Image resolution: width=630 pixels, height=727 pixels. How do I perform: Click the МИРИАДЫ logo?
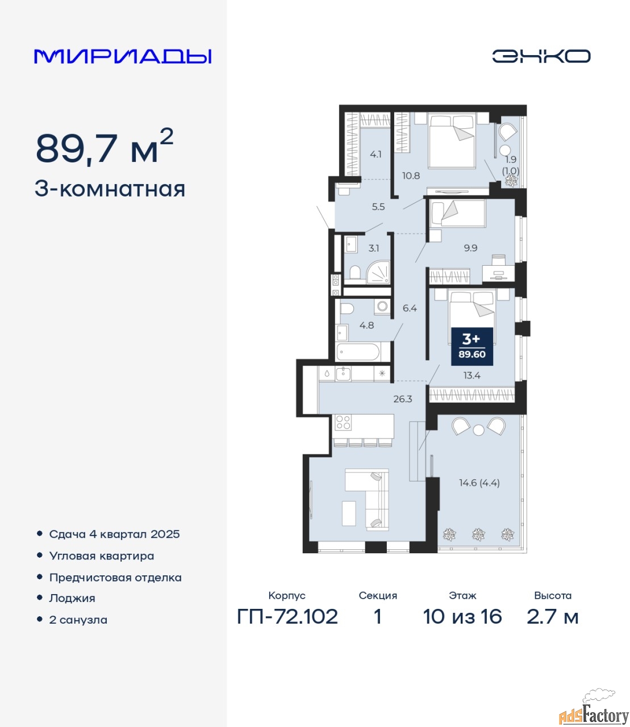[x=122, y=56]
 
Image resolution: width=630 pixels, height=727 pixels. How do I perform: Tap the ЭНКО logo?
[x=541, y=56]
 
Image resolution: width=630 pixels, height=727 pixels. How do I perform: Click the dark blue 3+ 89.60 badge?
[x=472, y=346]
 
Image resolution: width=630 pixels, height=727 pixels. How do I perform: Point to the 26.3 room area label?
[x=403, y=399]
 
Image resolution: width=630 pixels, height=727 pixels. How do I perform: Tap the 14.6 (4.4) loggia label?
[x=479, y=483]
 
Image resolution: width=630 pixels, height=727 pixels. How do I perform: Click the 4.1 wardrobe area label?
[x=376, y=154]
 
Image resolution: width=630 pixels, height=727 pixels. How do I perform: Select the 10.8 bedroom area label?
[x=411, y=175]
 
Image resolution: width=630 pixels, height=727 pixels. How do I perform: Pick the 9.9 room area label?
[x=470, y=248]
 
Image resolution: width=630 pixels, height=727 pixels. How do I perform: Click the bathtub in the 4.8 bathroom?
[x=358, y=352]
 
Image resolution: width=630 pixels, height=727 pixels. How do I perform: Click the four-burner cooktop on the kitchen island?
[x=343, y=421]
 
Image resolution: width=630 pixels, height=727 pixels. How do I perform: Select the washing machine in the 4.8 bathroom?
[x=382, y=306]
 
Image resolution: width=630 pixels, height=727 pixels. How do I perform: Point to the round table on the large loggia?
[x=478, y=430]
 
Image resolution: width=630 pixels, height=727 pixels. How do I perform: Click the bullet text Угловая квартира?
[x=102, y=555]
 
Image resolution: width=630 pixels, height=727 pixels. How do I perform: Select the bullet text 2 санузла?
[x=78, y=620]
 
